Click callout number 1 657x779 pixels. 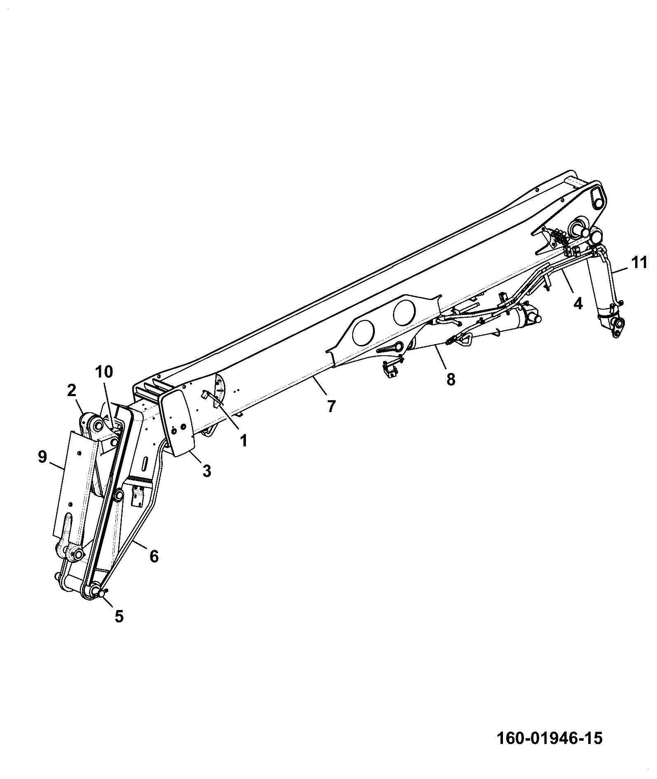(x=243, y=441)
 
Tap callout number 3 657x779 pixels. (x=207, y=470)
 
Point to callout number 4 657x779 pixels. (x=578, y=303)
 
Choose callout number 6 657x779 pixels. (x=154, y=556)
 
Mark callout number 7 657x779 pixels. (x=332, y=406)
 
